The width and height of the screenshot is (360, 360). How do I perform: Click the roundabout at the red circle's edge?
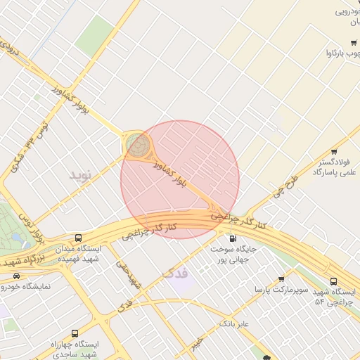coord(138,146)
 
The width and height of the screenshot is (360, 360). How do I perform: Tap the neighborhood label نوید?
coord(80,174)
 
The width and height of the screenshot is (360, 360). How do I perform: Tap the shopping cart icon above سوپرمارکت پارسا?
coord(281,279)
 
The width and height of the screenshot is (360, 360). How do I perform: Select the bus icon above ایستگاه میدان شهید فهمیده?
coord(77,238)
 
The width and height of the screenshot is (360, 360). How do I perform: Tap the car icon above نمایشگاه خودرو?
coord(16,275)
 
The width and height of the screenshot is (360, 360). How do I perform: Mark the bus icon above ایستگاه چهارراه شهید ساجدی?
coord(75,333)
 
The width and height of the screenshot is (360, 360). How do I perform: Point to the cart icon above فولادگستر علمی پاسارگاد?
coord(333,150)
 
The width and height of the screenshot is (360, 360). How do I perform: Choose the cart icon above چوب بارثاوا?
coord(354,42)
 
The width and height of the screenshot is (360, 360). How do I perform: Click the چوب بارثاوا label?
coord(342,53)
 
